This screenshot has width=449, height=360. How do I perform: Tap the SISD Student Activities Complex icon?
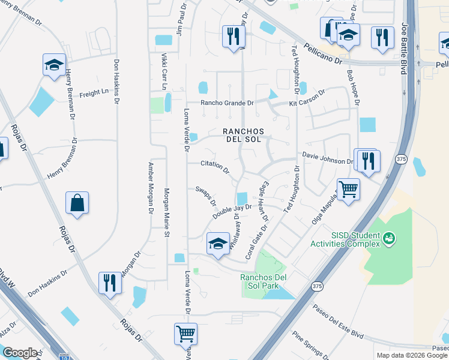click(390, 239)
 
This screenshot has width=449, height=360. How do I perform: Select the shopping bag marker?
click(78, 203)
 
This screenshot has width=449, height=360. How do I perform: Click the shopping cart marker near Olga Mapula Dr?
click(348, 190)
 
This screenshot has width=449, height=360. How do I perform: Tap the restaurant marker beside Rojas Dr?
click(109, 281)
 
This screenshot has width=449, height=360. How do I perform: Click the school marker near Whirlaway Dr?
click(217, 244)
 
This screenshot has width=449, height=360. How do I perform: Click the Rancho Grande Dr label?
click(227, 103)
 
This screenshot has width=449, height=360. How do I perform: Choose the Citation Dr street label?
click(215, 165)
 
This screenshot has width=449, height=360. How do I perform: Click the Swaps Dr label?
click(205, 195)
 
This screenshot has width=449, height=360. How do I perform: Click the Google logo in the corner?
click(19, 353)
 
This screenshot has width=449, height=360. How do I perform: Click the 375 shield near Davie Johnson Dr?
click(402, 158)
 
